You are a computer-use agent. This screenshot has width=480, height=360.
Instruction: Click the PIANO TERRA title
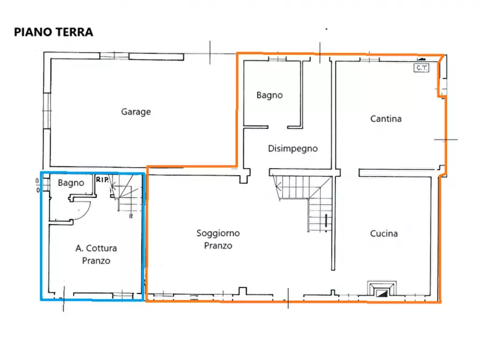coord(53,32)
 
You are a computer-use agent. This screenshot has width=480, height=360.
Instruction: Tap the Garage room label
coord(135,112)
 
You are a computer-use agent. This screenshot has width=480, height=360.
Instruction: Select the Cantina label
coord(385,119)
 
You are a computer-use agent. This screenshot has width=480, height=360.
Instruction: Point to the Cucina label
coord(384,234)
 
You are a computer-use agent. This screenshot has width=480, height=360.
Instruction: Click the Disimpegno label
coord(293,149)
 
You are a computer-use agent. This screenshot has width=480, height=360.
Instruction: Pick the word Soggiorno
coord(218,233)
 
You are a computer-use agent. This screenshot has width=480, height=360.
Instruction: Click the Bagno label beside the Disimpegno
coord(269,95)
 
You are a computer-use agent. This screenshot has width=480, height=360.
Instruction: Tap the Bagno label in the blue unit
coord(71,183)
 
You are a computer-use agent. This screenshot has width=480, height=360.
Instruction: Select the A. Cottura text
coord(96,248)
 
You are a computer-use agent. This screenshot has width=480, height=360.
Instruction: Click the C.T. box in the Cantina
coord(420,68)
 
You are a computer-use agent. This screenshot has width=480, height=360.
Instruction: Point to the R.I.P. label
coord(102,179)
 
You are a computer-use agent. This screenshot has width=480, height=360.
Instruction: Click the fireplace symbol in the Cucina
coord(382,291)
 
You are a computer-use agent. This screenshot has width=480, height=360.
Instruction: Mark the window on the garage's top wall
coord(114,55)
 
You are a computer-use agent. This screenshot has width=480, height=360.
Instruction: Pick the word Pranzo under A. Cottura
coord(96,261)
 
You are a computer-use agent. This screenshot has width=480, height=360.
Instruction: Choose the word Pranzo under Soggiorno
coord(218,246)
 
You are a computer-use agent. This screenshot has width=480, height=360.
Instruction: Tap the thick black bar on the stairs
coord(326,222)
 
